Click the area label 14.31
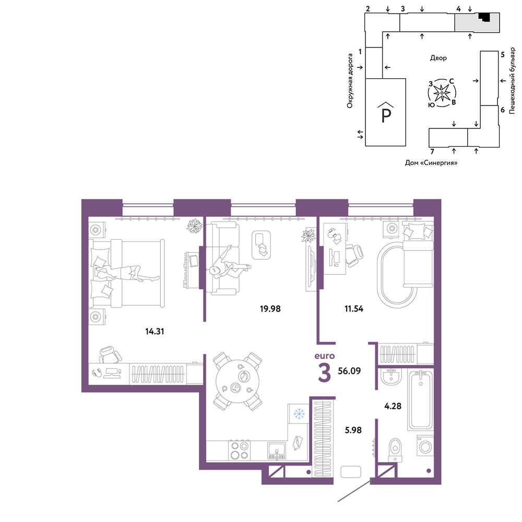coord(155,331)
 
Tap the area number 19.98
coord(270,309)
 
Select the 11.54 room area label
coord(353,309)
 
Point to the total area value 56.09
coord(349,371)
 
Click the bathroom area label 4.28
coord(393,406)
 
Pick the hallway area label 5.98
coord(353,430)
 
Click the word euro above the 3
coord(325,356)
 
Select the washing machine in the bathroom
coord(425,445)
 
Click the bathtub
coord(421,399)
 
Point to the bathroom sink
coord(390,377)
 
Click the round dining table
coord(238,381)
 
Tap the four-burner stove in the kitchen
coord(240,450)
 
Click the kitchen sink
coord(277,450)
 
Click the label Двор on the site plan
coord(438,58)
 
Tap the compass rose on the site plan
coord(442,93)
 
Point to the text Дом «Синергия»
coord(431,163)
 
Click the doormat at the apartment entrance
coord(351,472)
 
